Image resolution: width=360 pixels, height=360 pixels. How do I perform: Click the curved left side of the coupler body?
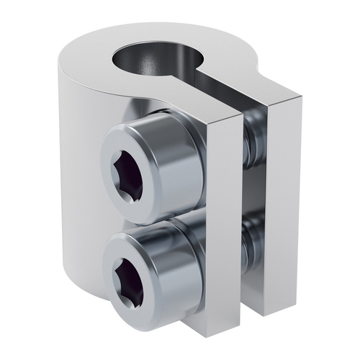(79, 180)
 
